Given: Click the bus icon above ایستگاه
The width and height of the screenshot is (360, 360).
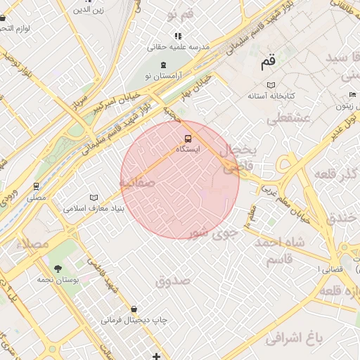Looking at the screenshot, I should pyautogui.click(x=187, y=139).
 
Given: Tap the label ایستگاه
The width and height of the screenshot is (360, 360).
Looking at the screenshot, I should pyautogui.click(x=187, y=149).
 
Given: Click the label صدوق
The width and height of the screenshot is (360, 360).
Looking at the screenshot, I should pyautogui.click(x=174, y=281).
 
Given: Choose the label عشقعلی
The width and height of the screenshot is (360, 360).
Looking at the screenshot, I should pyautogui.click(x=288, y=118).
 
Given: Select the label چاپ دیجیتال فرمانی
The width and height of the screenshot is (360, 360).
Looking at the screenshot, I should pyautogui.click(x=134, y=320).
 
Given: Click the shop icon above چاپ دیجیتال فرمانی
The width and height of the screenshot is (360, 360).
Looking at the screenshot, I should pyautogui.click(x=134, y=309).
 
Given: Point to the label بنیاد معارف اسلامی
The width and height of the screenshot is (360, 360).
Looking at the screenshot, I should pyautogui.click(x=94, y=208).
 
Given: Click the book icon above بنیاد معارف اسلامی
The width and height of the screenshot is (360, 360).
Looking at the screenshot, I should pyautogui.click(x=94, y=198).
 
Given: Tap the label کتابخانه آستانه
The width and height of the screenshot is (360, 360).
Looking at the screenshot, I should pyautogui.click(x=271, y=95).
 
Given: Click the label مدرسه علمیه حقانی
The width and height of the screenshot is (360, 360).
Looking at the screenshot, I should pyautogui.click(x=178, y=46).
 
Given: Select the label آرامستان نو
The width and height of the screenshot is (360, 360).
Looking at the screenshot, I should pyautogui.click(x=164, y=75).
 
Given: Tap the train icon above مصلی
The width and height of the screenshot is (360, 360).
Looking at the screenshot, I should pyautogui.click(x=36, y=186).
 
